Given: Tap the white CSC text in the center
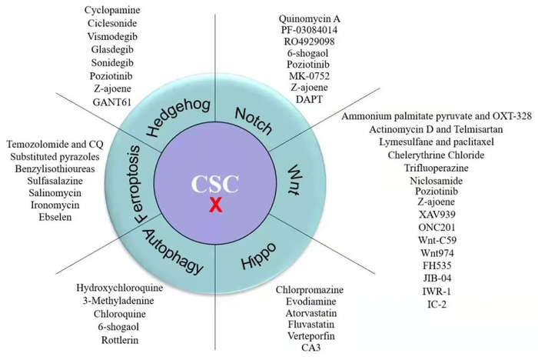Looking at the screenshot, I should click(216, 184).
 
